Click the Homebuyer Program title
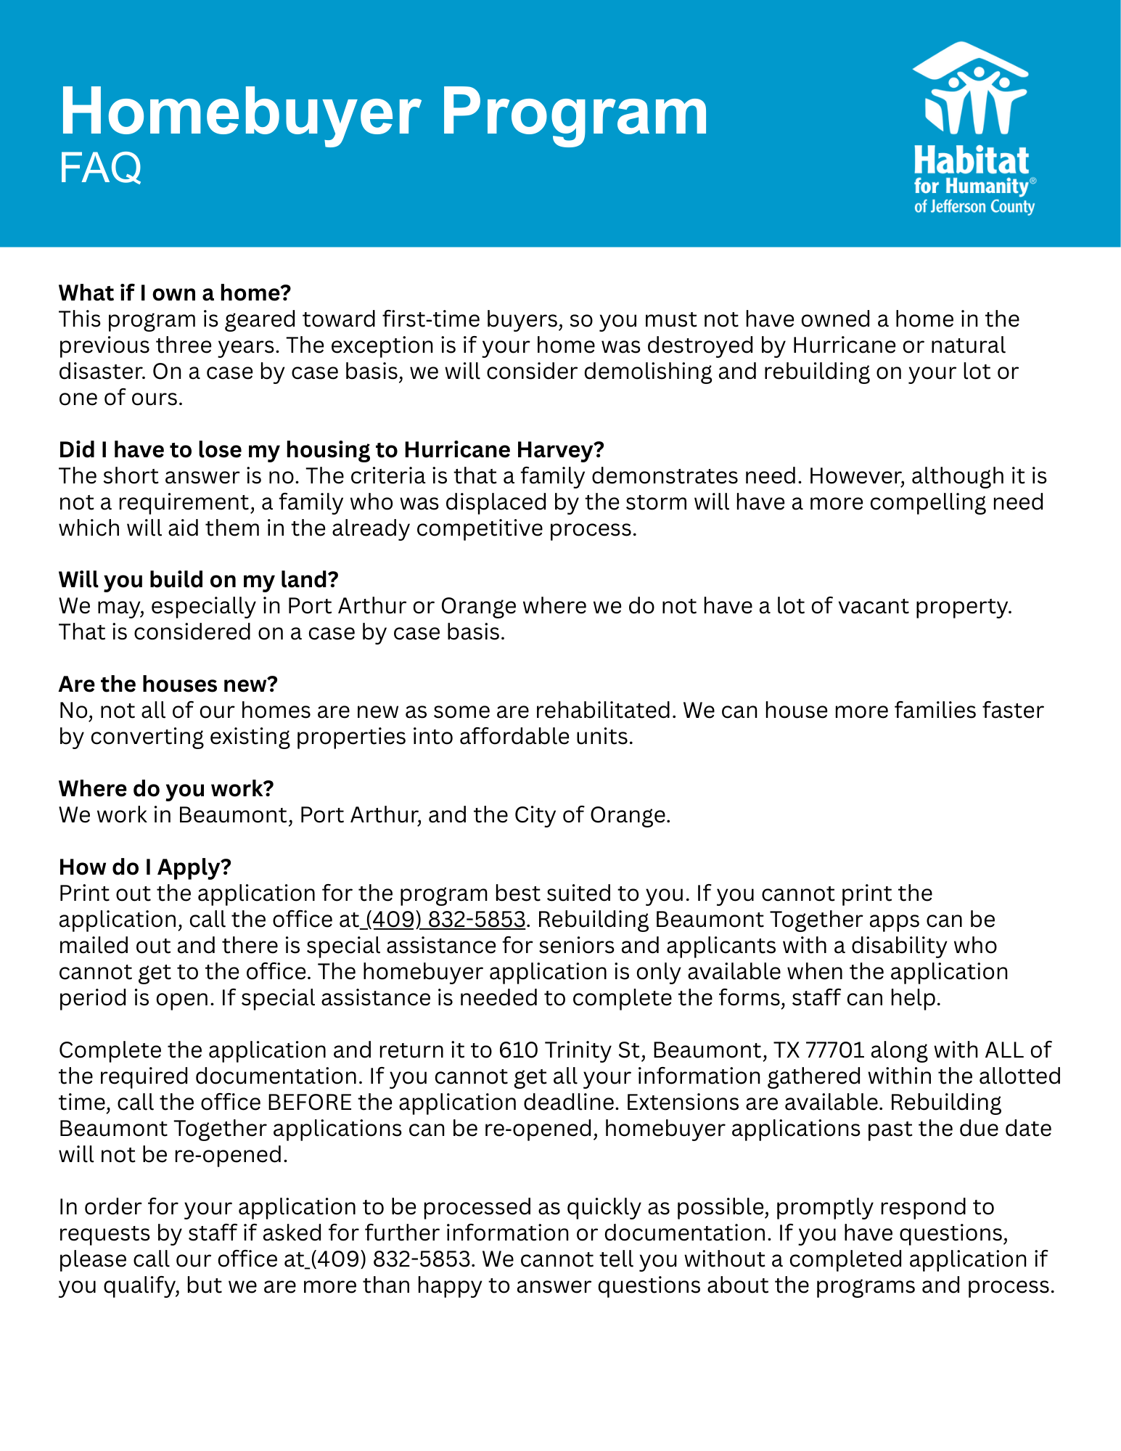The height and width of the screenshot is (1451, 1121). click(x=383, y=111)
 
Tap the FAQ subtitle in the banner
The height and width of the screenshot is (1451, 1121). click(x=100, y=168)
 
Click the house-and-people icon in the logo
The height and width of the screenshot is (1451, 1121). click(x=972, y=89)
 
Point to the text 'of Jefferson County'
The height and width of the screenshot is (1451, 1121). click(x=974, y=207)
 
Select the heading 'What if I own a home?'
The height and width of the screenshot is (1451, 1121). click(x=174, y=293)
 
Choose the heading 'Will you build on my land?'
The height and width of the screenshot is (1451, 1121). click(x=199, y=580)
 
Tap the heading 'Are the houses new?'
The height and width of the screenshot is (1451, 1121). click(x=168, y=684)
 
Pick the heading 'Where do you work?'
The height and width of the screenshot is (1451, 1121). click(x=166, y=789)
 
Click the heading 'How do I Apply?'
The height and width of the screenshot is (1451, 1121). click(x=145, y=867)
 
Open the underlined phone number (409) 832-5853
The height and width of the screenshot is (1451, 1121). click(x=445, y=920)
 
